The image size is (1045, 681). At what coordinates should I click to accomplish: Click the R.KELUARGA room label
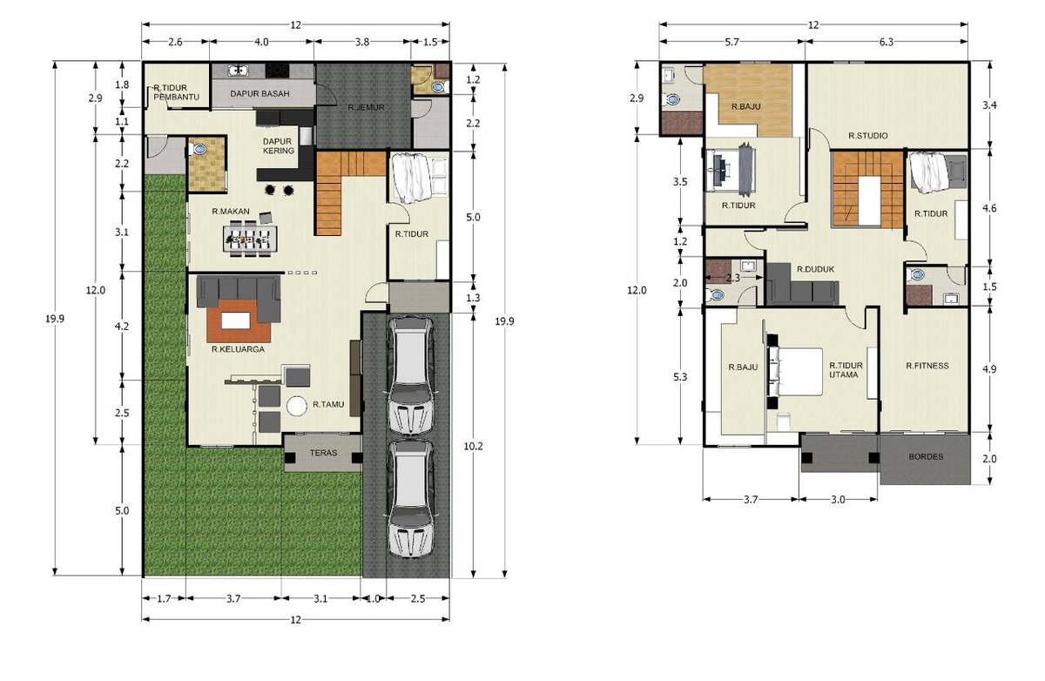click(238, 349)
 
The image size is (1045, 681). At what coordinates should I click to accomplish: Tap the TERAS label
click(323, 453)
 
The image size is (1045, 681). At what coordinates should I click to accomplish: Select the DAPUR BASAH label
click(260, 94)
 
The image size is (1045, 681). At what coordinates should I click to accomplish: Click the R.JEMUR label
click(367, 108)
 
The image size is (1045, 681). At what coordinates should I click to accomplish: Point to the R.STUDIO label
click(867, 136)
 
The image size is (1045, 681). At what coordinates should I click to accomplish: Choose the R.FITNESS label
click(927, 366)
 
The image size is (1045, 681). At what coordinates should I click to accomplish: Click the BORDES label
click(926, 456)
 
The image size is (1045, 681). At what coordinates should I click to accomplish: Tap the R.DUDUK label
click(815, 269)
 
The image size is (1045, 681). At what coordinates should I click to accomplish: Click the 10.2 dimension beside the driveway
click(473, 447)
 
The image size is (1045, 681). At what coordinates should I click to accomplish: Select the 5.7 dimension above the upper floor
click(732, 42)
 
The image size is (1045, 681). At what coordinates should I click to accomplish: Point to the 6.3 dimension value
click(886, 42)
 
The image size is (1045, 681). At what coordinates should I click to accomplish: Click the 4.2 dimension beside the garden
click(122, 327)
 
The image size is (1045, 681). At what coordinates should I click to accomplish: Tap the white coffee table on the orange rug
click(236, 321)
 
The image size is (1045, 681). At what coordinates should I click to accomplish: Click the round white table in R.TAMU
click(296, 406)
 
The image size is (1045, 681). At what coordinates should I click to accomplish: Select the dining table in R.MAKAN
click(250, 239)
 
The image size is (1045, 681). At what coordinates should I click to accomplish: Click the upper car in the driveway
click(410, 376)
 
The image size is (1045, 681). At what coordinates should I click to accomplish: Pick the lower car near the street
click(410, 498)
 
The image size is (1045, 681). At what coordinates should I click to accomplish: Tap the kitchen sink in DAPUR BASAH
click(239, 71)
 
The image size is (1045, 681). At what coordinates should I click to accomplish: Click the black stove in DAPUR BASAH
click(277, 71)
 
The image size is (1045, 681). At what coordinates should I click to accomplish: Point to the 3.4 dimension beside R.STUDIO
click(989, 105)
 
